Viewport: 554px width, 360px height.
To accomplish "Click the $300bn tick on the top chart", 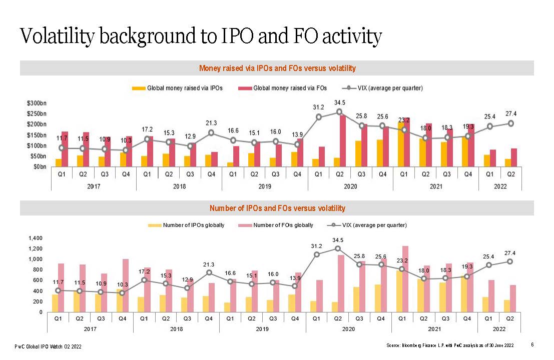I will coord(37,102).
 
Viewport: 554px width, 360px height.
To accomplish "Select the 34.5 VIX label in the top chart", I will coord(339,103).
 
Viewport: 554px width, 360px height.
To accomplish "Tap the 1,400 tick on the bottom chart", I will coord(36,238).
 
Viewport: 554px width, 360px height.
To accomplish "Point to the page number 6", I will coord(532,344).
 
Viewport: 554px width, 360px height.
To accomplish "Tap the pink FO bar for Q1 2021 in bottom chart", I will coord(405,279).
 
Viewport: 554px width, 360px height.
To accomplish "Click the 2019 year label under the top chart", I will coord(265,186).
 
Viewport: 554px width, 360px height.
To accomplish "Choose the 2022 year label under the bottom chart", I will coord(499,329).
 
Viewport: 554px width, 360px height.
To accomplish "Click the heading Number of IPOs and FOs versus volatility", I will coord(277,208).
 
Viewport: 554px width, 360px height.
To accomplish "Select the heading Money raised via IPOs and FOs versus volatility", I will coord(277,68).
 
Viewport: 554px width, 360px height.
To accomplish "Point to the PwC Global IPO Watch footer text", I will coord(48,346).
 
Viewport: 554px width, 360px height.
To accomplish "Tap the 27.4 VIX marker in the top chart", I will coord(510,123).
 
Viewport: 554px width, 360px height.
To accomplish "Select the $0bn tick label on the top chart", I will coord(38,166).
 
